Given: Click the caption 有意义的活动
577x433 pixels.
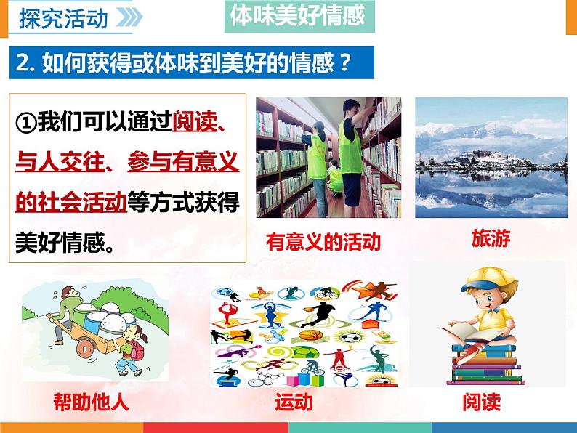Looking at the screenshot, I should point(323,241).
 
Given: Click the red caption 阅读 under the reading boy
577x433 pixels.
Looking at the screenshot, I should point(481,402).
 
